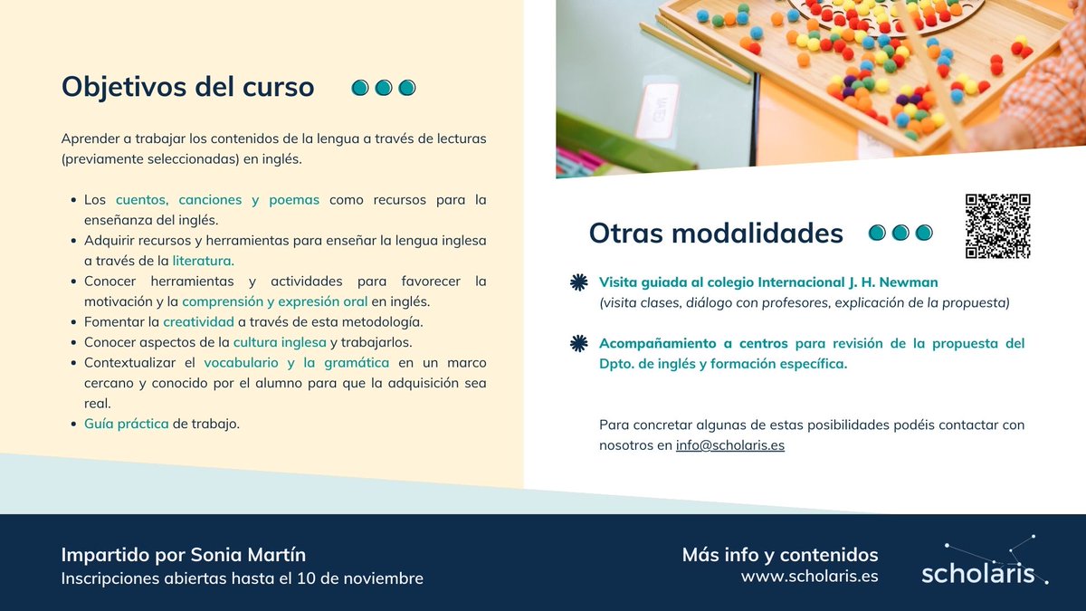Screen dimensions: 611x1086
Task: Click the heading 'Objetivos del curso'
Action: coord(187,87)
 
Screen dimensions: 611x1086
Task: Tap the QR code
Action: coord(997,226)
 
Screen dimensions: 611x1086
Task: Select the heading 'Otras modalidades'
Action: coord(715,233)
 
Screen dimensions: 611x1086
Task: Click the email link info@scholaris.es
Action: coord(729,445)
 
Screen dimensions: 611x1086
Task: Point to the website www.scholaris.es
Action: coord(809,576)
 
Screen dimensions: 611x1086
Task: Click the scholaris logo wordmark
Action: coord(977,573)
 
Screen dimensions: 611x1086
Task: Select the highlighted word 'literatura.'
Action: coord(203,261)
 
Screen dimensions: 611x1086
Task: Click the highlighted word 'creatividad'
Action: coord(198,321)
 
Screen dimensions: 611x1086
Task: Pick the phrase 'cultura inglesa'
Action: coord(280,342)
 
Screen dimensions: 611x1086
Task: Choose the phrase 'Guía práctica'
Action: coord(127,423)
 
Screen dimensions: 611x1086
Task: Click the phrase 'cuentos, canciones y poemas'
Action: coord(217,199)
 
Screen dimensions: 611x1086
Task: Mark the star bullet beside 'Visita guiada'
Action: coord(578,282)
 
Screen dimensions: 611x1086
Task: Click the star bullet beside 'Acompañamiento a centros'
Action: coord(578,343)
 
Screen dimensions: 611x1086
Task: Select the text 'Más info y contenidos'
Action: coord(779,554)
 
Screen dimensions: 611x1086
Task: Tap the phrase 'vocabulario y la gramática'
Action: coord(297,362)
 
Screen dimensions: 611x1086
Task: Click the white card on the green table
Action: coord(657,110)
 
